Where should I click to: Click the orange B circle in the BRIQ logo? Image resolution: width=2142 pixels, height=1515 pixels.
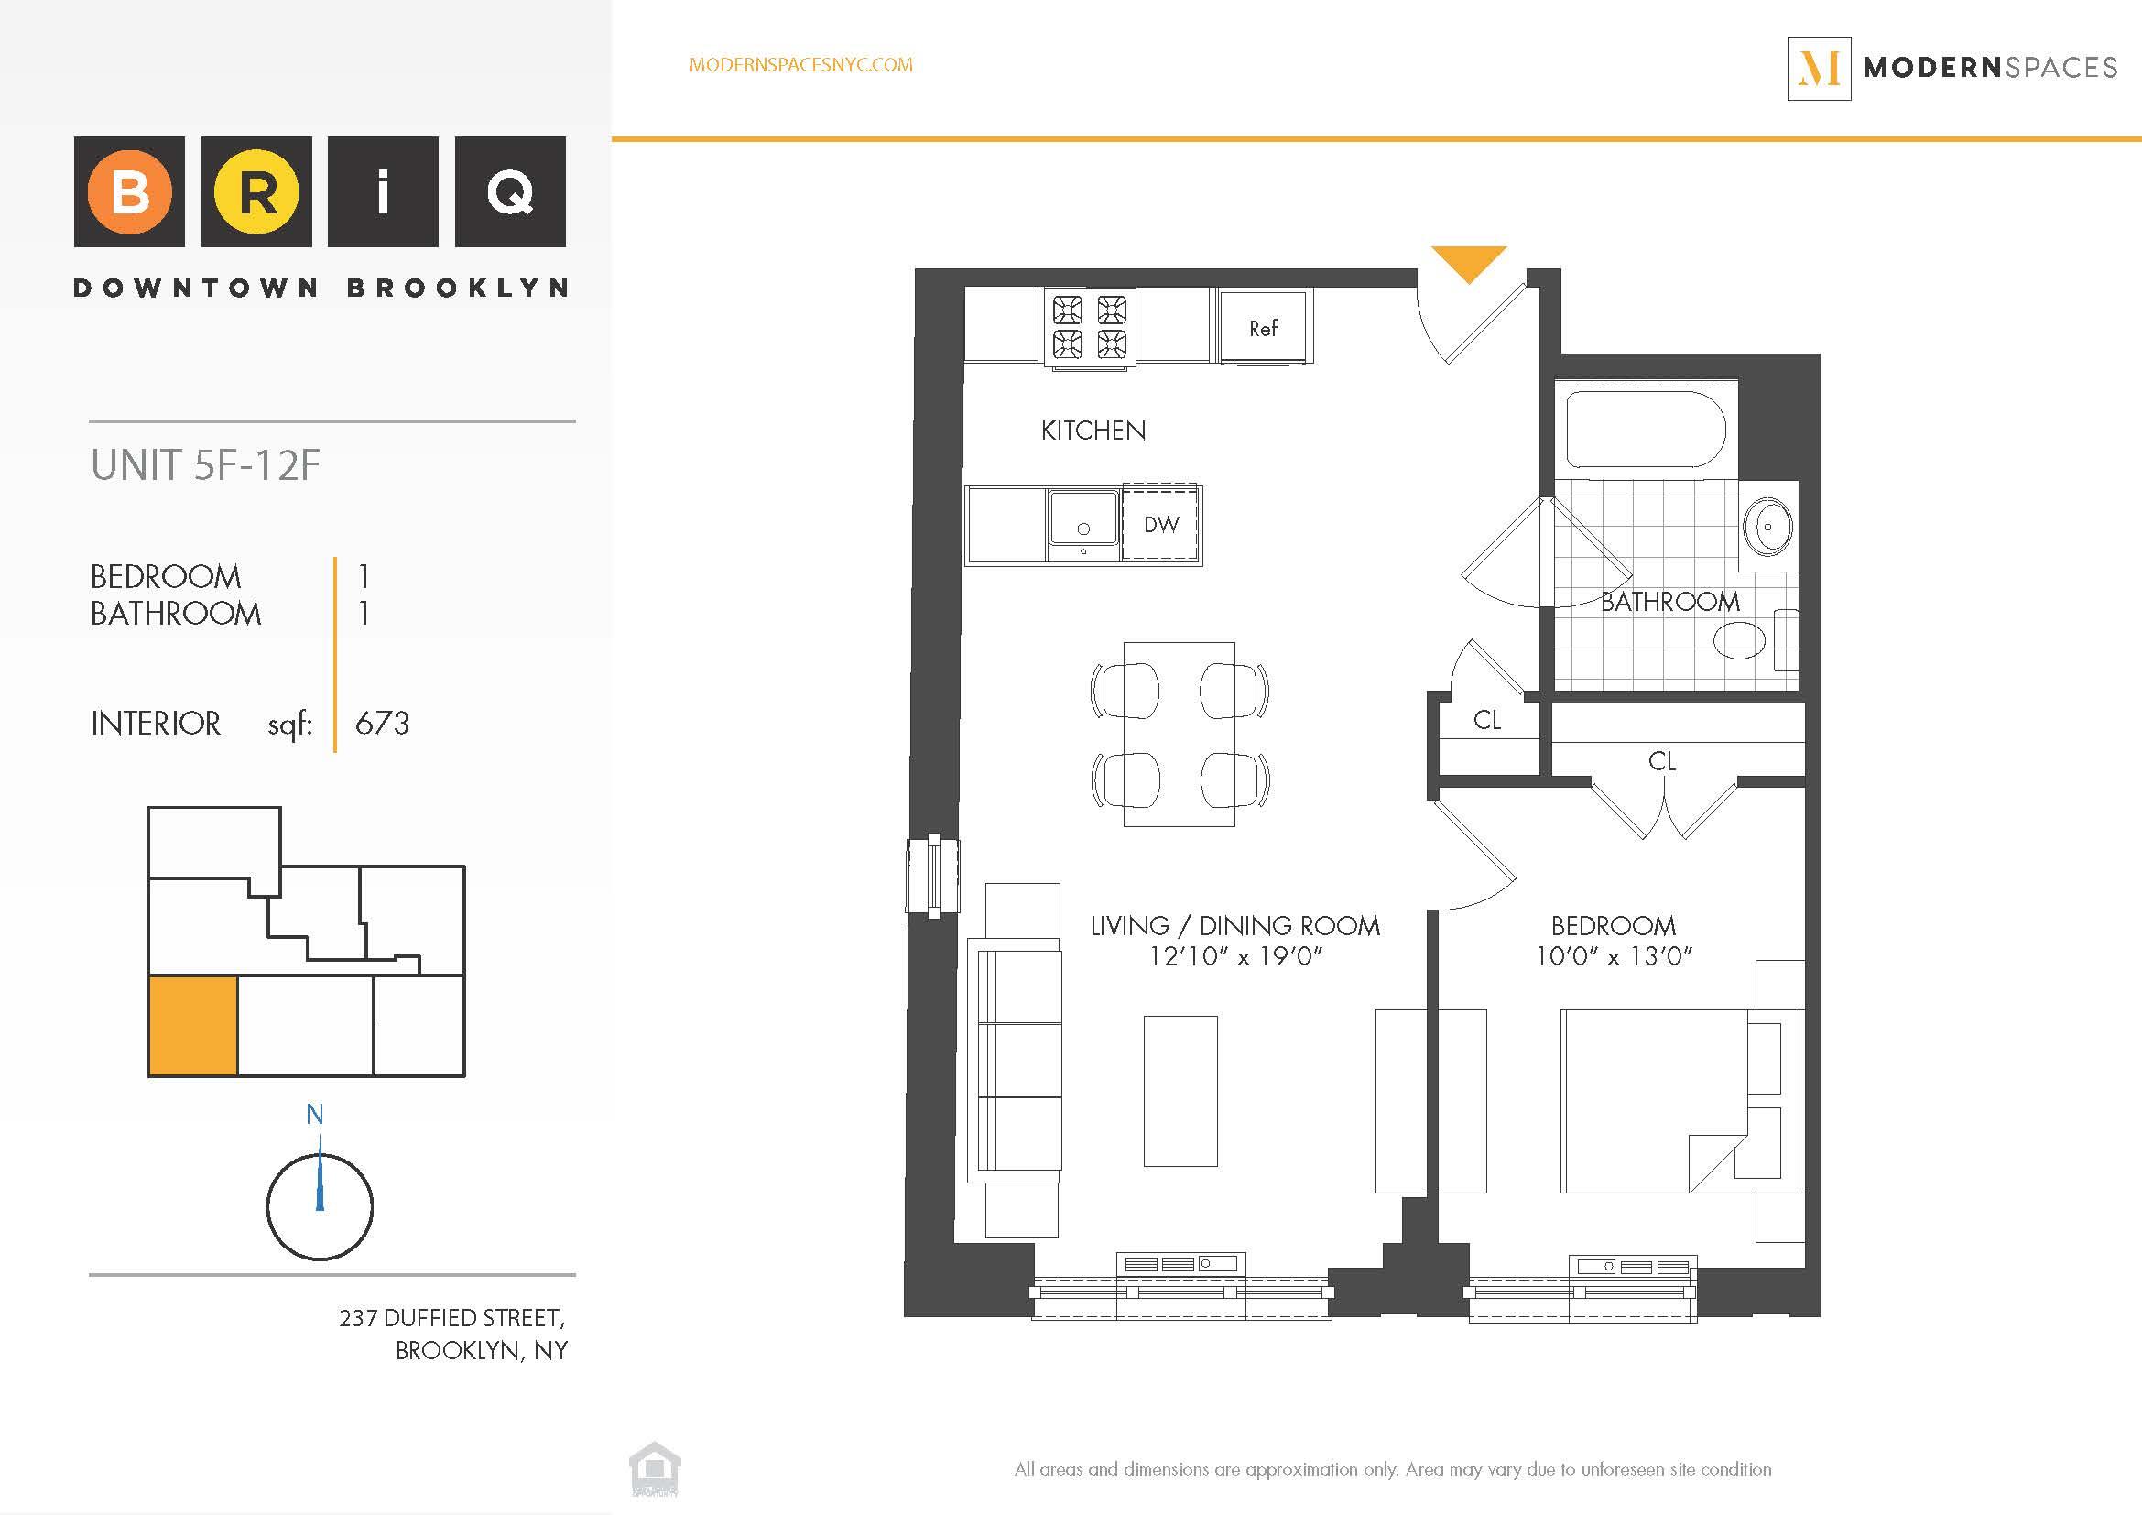pos(130,191)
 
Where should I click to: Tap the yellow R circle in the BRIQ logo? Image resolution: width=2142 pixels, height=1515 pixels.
pos(256,191)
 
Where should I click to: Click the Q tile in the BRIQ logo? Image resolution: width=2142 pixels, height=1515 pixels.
pos(510,191)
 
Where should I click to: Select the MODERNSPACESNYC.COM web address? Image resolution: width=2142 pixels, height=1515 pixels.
pos(800,65)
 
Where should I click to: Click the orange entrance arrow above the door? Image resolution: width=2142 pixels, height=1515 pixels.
pos(1468,261)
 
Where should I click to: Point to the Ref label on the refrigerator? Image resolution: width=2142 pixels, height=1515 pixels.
pos(1263,329)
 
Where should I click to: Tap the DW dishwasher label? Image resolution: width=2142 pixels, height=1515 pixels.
pos(1161,524)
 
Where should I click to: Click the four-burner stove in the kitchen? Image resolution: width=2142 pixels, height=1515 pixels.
pos(1090,326)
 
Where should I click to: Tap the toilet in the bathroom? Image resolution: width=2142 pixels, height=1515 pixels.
pos(1741,640)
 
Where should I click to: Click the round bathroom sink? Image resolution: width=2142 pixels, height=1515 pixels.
pos(1767,527)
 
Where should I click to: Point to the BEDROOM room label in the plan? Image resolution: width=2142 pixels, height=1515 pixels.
pos(1613,925)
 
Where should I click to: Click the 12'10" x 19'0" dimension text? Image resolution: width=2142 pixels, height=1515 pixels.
pos(1235,956)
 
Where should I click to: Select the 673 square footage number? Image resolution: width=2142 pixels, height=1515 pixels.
pos(382,723)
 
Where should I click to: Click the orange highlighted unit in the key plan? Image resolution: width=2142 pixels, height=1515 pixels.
pos(193,1025)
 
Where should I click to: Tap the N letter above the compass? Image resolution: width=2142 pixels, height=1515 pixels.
pos(315,1114)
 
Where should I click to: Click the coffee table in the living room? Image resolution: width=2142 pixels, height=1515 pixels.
pos(1180,1091)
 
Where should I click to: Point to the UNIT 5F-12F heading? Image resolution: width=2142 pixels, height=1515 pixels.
pos(205,465)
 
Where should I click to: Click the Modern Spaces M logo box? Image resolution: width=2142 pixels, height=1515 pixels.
pos(1819,68)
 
